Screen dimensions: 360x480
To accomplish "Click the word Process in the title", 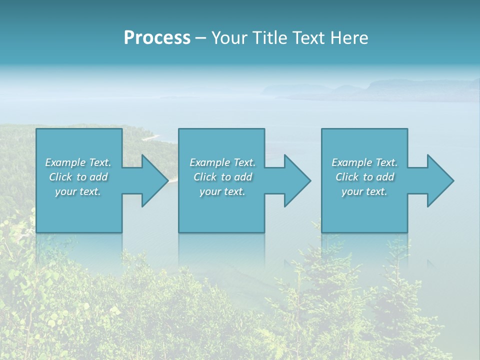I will (157, 38).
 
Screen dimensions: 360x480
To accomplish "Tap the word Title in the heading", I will (269, 38).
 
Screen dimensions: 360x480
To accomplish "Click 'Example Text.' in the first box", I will (78, 162).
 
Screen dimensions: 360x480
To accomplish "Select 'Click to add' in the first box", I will (78, 177).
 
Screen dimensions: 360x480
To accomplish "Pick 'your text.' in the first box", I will (78, 191).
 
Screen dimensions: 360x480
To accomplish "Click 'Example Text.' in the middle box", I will (222, 162).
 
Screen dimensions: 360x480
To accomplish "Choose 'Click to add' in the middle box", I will (222, 177).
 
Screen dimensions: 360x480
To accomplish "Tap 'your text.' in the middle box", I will (222, 191).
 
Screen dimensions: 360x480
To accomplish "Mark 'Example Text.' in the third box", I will (364, 162).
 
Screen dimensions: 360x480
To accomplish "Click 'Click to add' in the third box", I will (364, 177).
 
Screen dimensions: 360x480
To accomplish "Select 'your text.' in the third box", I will (364, 191).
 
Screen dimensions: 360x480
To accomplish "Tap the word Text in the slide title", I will (307, 38).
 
